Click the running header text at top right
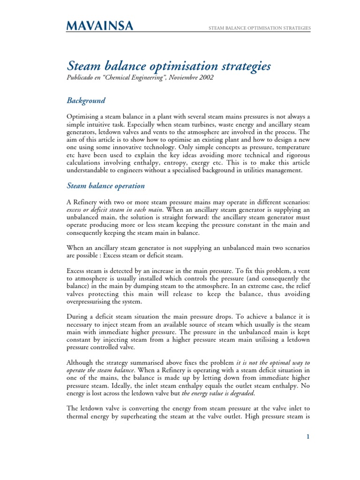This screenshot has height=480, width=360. click(x=260, y=29)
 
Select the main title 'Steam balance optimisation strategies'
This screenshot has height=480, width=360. click(x=169, y=67)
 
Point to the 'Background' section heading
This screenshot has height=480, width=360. click(x=86, y=101)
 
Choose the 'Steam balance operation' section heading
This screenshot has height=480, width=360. click(x=106, y=186)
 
